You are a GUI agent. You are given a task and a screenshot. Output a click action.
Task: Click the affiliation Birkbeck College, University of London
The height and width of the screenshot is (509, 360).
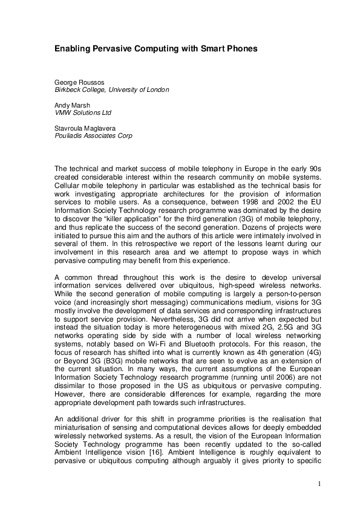pyautogui.click(x=112, y=89)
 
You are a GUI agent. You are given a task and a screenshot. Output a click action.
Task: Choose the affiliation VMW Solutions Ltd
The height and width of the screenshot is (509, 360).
pyautogui.click(x=83, y=112)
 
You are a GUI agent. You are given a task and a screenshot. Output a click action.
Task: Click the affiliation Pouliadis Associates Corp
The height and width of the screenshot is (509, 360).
pyautogui.click(x=93, y=135)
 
